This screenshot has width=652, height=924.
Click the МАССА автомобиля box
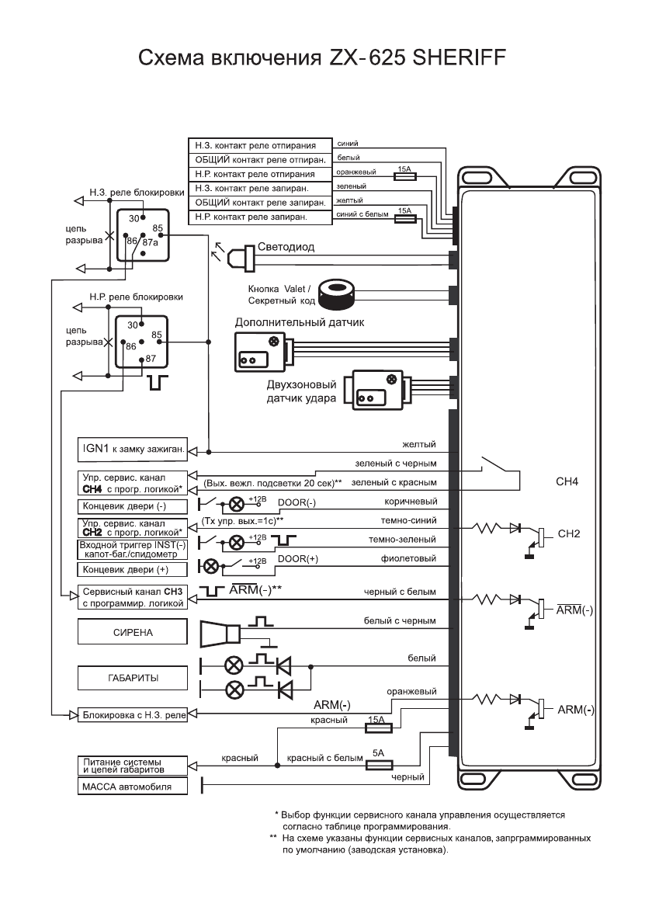coord(133,787)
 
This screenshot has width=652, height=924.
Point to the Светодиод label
coord(286,247)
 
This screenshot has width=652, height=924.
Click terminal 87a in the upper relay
coord(150,242)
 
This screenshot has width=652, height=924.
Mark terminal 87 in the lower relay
coord(150,359)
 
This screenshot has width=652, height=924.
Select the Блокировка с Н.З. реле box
coord(133,714)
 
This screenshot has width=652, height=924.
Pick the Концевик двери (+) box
coord(133,569)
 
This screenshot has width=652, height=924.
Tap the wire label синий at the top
coord(347,143)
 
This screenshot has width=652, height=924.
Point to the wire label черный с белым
coord(401,592)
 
